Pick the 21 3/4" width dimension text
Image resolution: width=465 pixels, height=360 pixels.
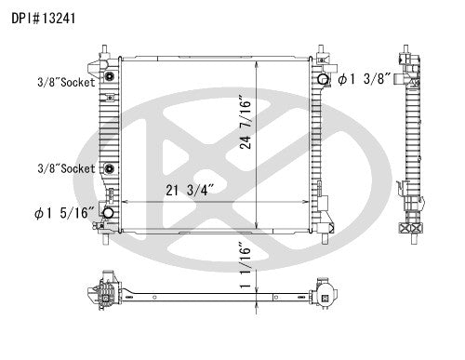(185, 192)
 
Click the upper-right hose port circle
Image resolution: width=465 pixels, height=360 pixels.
(322, 80)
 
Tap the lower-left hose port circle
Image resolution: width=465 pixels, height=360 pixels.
(108, 214)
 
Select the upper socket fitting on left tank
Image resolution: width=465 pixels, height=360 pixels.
(109, 74)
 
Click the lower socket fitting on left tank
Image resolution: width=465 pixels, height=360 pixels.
(109, 169)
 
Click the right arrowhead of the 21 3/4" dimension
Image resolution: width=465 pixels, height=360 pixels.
(310, 202)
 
